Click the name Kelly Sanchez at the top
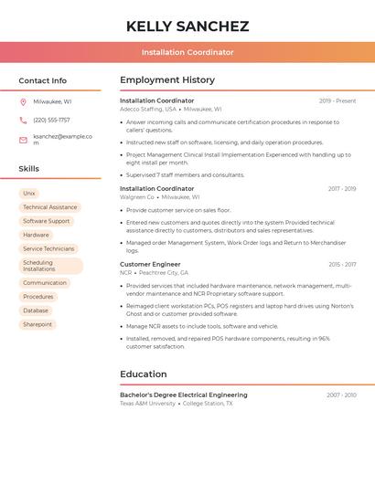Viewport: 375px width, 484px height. [187, 26]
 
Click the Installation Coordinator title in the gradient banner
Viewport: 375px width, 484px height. [187, 53]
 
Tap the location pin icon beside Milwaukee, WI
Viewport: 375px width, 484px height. [23, 102]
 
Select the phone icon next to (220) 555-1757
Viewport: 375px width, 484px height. [23, 121]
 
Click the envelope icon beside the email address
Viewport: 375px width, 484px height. [23, 140]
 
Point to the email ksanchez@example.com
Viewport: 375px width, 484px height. [63, 139]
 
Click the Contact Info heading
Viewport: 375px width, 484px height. [43, 80]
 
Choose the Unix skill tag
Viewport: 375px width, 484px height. [29, 194]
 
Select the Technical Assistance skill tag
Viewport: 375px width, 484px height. [49, 207]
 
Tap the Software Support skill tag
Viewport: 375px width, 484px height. [46, 221]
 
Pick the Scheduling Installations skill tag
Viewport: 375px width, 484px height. [50, 266]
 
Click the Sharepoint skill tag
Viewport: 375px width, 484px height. [37, 324]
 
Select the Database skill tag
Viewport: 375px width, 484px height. [36, 310]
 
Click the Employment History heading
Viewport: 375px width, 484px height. [167, 80]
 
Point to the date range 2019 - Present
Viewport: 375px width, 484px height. [337, 100]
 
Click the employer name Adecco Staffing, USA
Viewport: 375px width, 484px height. [148, 109]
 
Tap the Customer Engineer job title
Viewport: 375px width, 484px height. [150, 265]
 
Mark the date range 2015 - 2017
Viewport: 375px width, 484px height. [342, 265]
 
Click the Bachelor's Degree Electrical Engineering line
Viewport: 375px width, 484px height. [183, 395]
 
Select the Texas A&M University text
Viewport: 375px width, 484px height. [147, 404]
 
